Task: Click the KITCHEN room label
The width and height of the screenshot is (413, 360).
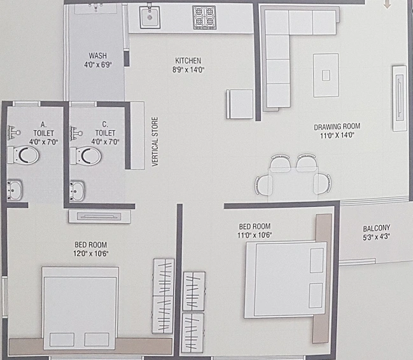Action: [x=188, y=61]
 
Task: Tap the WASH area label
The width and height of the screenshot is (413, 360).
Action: [x=98, y=56]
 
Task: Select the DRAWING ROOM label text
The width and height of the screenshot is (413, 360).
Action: [x=337, y=127]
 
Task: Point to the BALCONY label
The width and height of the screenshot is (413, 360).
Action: [x=376, y=228]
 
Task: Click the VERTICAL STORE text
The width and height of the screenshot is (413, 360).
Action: [x=155, y=142]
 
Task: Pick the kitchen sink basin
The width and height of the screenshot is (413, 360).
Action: [x=150, y=17]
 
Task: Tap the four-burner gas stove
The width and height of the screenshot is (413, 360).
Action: [x=204, y=17]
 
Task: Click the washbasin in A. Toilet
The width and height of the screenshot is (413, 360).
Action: [x=15, y=190]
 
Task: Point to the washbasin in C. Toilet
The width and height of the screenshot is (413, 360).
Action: [x=77, y=191]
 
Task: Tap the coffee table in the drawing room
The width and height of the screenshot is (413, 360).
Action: [x=326, y=75]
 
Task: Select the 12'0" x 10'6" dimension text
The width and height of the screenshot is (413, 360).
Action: [x=91, y=254]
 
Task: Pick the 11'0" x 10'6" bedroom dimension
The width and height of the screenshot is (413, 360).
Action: [x=255, y=235]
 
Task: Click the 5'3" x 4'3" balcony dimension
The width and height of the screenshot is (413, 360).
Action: [x=376, y=237]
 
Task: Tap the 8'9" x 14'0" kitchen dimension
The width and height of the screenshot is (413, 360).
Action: [x=188, y=70]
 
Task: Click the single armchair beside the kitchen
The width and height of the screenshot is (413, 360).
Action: [x=240, y=104]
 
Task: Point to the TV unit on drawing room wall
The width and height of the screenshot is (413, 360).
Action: [x=399, y=99]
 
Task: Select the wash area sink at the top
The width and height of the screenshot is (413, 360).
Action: [x=95, y=8]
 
